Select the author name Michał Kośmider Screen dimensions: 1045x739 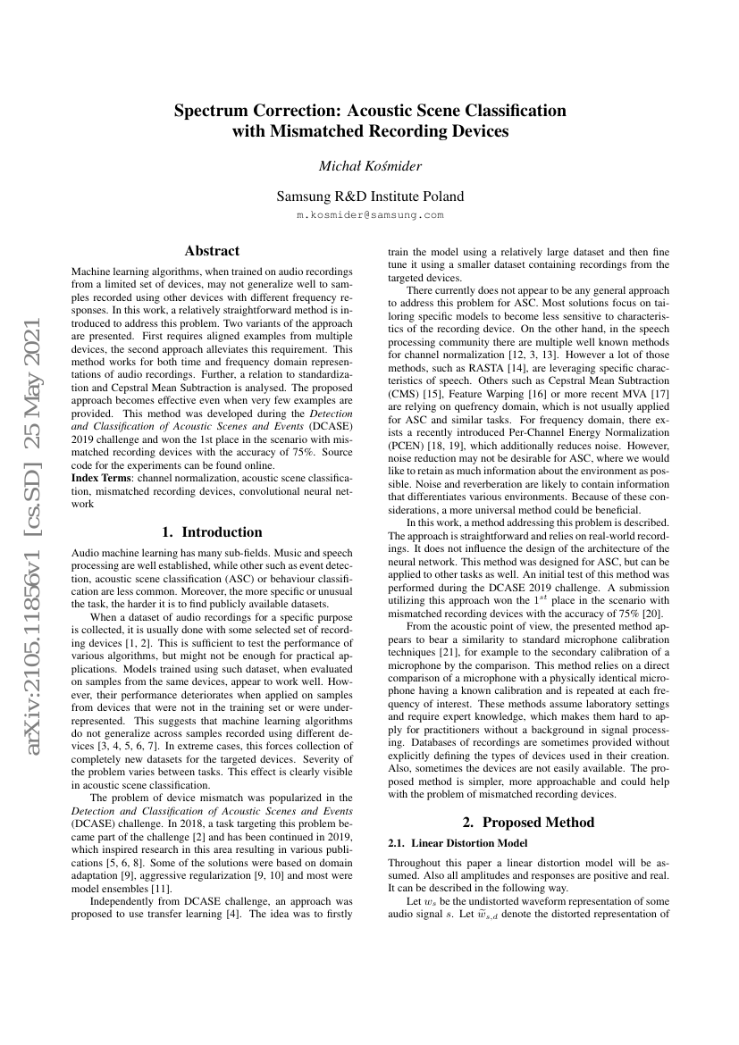click(369, 165)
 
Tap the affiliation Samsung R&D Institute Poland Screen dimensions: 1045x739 click(369, 196)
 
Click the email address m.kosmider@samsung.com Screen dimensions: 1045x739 click(369, 216)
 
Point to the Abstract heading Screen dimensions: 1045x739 click(211, 251)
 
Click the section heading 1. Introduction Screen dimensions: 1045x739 click(211, 531)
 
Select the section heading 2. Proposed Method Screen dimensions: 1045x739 click(528, 821)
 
